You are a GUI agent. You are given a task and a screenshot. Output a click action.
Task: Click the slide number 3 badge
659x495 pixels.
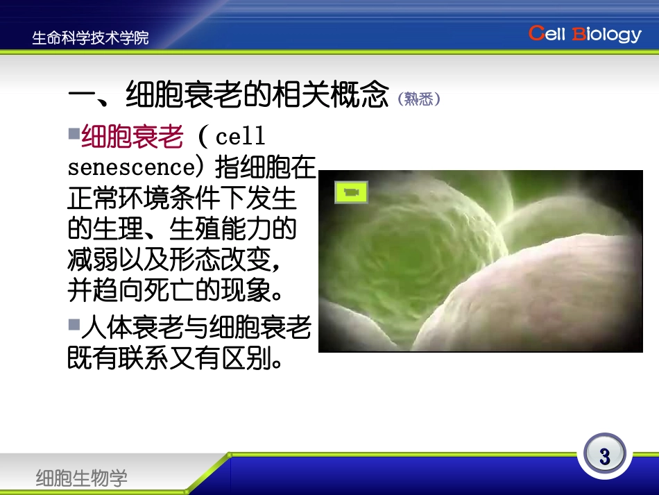tap(604, 456)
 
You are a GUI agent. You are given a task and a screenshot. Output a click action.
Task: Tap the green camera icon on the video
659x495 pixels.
tap(351, 192)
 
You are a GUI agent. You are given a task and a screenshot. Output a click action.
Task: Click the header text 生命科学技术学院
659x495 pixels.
tap(90, 37)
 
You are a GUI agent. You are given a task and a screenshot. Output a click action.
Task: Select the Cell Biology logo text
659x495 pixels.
tap(585, 34)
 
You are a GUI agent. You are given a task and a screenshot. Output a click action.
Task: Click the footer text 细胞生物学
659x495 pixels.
tap(82, 478)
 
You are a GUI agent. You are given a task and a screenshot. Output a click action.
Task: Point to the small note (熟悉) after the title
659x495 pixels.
tap(420, 99)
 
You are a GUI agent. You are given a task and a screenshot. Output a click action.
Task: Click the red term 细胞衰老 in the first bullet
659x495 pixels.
tap(132, 137)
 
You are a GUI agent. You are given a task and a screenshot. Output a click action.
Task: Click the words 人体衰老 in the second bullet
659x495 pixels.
tap(143, 327)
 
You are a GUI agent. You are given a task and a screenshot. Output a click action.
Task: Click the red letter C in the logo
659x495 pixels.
tap(536, 33)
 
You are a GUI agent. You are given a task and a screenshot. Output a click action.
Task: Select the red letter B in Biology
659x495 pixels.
tap(578, 34)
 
